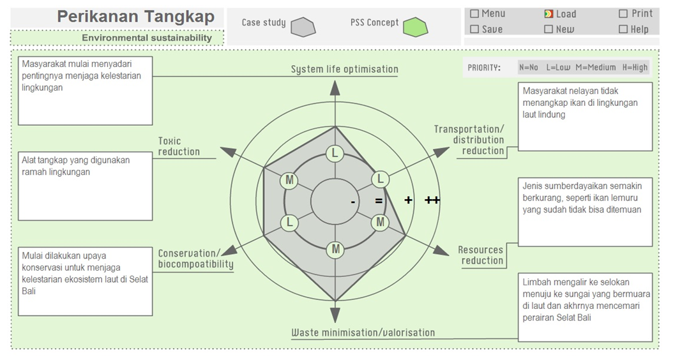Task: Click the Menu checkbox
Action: click(474, 13)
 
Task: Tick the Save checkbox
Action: click(474, 29)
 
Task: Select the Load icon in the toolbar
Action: click(548, 14)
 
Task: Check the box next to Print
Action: click(623, 13)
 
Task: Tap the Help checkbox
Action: click(623, 29)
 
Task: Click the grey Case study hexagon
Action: click(303, 27)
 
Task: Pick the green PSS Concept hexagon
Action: click(416, 27)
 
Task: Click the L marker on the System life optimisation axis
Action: click(335, 154)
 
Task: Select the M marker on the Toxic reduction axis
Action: click(290, 180)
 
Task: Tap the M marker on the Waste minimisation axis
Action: click(335, 249)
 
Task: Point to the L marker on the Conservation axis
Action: click(290, 223)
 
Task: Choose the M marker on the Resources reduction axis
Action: click(381, 222)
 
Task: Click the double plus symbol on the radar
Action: click(432, 200)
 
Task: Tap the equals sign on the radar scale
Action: click(379, 201)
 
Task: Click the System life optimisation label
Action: click(344, 69)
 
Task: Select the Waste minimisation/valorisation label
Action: click(363, 333)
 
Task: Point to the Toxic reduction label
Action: click(179, 146)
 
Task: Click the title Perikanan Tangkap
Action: click(135, 17)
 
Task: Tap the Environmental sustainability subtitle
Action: click(146, 38)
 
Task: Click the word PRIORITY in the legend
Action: click(484, 68)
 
